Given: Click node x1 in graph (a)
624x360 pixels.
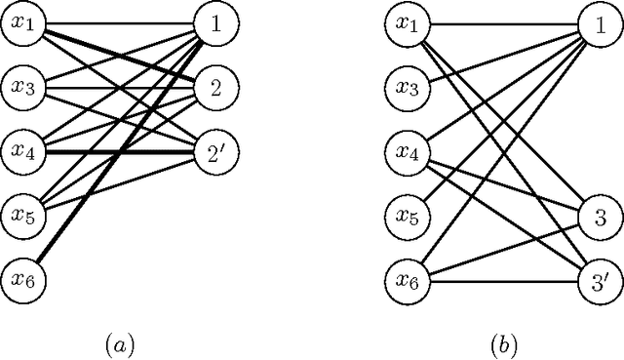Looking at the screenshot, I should (x=21, y=24).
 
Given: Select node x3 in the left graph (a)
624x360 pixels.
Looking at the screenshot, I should (x=21, y=88).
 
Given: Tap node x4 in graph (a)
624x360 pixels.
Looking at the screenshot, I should (x=21, y=151).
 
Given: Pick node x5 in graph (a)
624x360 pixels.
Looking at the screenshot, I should (x=21, y=215).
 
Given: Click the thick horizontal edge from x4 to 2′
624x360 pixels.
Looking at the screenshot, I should (x=117, y=152).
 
